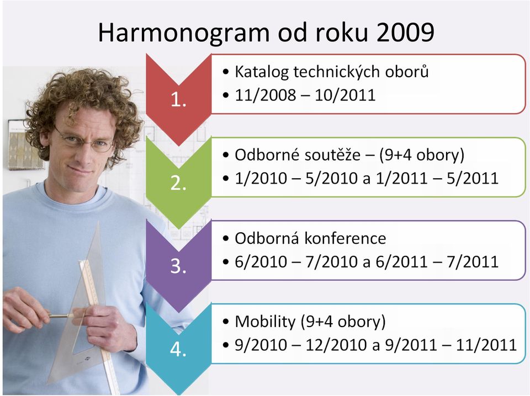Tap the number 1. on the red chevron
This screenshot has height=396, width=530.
178,100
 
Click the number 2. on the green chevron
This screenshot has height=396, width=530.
178,183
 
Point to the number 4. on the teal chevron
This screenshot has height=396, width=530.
178,350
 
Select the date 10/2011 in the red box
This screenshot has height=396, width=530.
344,95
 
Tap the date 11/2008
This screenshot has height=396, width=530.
266,95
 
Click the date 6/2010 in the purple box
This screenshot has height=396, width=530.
261,262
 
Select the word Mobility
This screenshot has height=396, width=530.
265,322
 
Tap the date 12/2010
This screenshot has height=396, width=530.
336,345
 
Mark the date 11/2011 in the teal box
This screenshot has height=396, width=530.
486,345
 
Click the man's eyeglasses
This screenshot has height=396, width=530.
85,140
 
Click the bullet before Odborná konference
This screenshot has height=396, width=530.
226,239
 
